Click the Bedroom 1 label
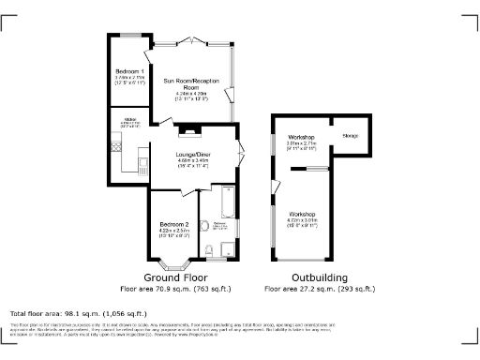(129, 71)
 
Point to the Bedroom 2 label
(174, 225)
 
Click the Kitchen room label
(130, 120)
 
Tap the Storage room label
(351, 137)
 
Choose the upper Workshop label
(302, 138)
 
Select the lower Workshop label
(303, 214)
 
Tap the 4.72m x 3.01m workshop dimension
(303, 220)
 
